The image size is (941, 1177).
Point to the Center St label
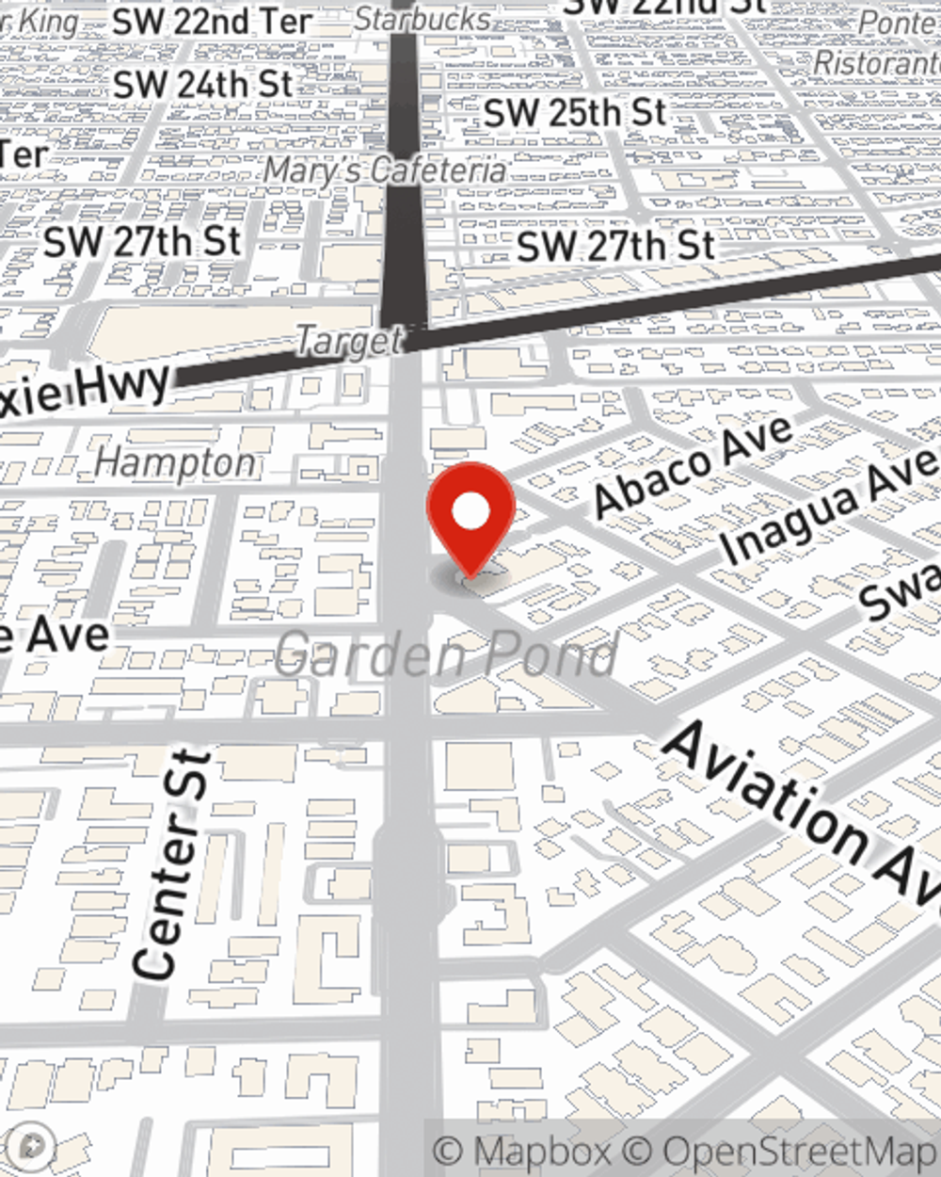[169, 864]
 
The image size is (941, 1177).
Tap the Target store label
[349, 341]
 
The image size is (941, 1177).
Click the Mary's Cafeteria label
[384, 170]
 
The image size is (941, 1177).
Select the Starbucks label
[423, 18]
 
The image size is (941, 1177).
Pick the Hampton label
[176, 462]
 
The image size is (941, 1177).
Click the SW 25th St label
[575, 113]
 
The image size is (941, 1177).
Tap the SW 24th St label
[203, 84]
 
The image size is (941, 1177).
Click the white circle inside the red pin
[470, 511]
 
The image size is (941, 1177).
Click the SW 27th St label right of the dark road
[616, 247]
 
